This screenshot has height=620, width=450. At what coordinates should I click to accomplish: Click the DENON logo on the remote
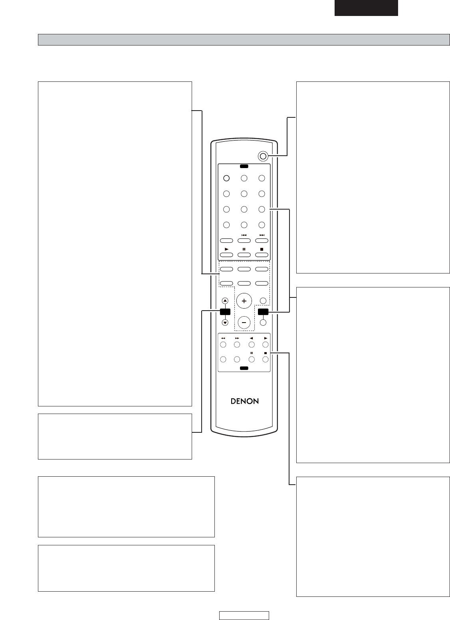(x=245, y=401)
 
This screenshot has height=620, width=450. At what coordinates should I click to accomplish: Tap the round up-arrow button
(x=225, y=301)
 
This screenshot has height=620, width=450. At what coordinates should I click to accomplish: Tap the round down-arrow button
(x=225, y=323)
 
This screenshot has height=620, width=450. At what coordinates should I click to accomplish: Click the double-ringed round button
(x=263, y=156)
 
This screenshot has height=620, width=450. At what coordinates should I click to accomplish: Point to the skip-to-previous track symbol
(x=244, y=235)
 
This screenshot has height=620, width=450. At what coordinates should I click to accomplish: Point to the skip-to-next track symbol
(x=262, y=235)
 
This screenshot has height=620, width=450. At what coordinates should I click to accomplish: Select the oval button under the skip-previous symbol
(x=244, y=240)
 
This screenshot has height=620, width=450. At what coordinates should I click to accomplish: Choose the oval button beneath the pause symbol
(x=244, y=255)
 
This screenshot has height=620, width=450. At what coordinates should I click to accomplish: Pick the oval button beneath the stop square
(x=262, y=255)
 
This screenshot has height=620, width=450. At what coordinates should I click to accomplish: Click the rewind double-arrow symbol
(x=223, y=338)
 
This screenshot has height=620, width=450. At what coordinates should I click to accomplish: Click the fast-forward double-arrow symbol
(x=237, y=338)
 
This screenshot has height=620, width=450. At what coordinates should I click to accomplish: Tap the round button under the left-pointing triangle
(x=252, y=345)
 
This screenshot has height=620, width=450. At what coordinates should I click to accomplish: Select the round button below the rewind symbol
(x=223, y=345)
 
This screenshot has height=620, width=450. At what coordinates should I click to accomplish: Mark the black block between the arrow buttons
(x=225, y=312)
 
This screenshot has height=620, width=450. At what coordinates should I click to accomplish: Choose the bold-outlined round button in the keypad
(x=226, y=178)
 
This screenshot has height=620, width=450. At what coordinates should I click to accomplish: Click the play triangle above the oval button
(x=227, y=249)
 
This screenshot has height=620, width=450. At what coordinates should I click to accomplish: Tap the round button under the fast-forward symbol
(x=237, y=345)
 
